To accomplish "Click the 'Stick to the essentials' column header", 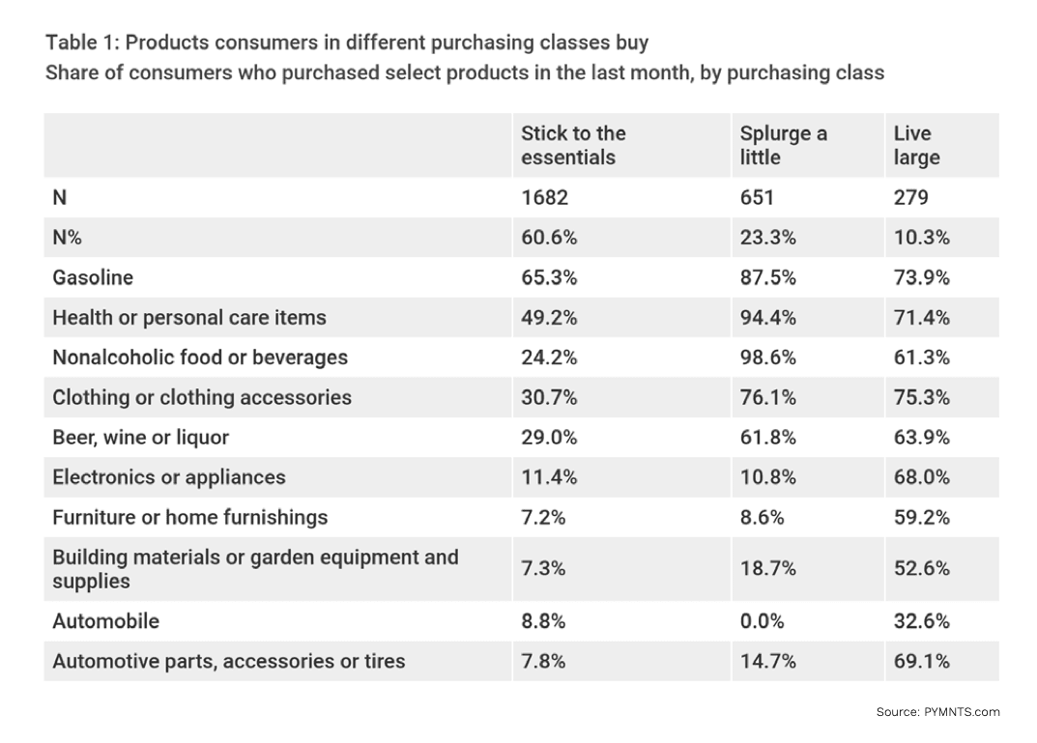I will coord(573,145).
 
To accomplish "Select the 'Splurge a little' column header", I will coord(783,145).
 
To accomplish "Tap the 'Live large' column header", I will coord(916,145).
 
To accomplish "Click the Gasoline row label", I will coord(93,277).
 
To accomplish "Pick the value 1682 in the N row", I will coord(545,197).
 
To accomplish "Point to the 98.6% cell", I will coord(768,357).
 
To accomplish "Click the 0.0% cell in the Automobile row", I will coord(761,621).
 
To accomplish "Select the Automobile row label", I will coord(106,621).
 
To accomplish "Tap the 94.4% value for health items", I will coord(768,317).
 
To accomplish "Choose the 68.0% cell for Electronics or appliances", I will coord(922,477).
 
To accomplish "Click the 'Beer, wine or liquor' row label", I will coord(141,438).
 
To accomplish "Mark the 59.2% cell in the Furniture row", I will coord(922,517).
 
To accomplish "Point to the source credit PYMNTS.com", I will coord(937,712).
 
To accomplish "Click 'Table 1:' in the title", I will coord(82,43).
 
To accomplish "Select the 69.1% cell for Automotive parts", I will coord(922,661).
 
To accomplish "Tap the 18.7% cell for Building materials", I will coord(768,569).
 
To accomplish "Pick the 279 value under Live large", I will coord(911,197).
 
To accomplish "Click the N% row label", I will coord(67,238).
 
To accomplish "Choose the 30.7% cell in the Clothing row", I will coord(549,397).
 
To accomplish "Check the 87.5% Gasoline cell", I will coord(768,277).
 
